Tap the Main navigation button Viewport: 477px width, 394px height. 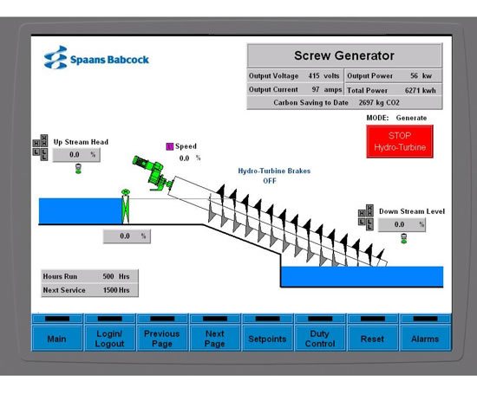57,339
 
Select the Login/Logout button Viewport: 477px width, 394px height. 109,339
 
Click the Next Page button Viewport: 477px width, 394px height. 214,339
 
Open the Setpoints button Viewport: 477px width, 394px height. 267,339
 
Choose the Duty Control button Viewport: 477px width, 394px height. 320,339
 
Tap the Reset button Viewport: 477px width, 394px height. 372,339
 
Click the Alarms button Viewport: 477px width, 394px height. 425,339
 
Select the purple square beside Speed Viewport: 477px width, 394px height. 170,146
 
